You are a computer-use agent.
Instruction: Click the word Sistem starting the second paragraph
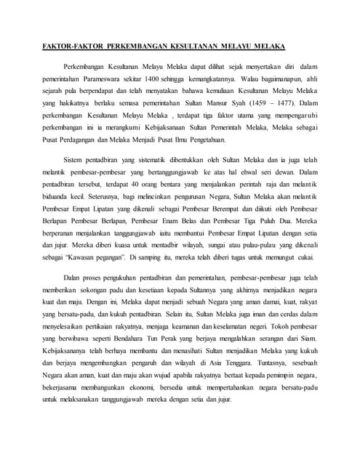[x=76, y=160]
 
